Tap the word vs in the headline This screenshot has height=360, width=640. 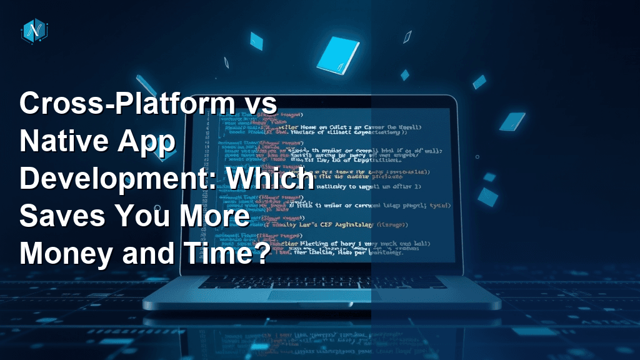256,104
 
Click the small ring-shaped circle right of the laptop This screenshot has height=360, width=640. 477,157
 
